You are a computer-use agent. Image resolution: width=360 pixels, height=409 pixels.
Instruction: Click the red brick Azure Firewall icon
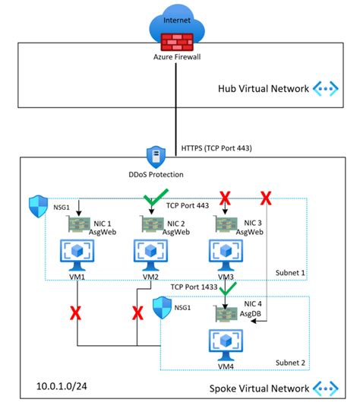(x=177, y=42)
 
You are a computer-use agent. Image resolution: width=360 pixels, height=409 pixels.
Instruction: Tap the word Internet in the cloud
(x=177, y=20)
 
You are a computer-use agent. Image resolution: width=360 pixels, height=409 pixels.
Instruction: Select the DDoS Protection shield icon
(x=156, y=157)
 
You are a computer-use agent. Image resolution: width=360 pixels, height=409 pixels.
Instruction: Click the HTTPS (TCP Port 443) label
(x=216, y=148)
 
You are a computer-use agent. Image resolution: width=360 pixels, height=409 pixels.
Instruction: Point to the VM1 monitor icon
(x=77, y=255)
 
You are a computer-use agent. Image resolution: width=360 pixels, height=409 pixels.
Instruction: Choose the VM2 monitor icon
(x=150, y=255)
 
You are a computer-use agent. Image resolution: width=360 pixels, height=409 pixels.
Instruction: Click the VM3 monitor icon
(x=226, y=255)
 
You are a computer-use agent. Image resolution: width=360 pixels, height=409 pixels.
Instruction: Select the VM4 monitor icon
(x=226, y=344)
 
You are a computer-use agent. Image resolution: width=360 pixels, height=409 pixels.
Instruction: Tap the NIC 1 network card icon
(x=79, y=224)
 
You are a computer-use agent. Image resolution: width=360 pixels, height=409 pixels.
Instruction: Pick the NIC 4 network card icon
(x=226, y=313)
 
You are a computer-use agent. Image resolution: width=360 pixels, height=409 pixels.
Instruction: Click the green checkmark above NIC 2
(x=156, y=197)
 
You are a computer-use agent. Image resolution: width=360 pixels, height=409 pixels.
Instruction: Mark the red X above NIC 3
(x=225, y=198)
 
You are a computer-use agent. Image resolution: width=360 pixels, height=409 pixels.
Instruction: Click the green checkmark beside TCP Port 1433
(x=228, y=288)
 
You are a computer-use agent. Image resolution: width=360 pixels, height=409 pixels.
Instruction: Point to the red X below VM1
(x=76, y=313)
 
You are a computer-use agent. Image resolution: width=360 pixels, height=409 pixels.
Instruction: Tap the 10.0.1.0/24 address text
(x=62, y=386)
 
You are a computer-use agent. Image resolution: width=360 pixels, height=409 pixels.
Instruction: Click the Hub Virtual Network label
(x=264, y=89)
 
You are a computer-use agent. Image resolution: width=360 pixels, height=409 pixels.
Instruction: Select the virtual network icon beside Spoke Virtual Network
(x=326, y=388)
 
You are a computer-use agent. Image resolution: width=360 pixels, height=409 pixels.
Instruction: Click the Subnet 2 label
(x=290, y=363)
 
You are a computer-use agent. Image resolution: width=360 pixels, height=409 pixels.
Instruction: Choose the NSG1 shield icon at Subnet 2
(x=162, y=308)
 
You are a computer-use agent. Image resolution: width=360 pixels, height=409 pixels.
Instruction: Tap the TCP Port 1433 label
(x=194, y=287)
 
